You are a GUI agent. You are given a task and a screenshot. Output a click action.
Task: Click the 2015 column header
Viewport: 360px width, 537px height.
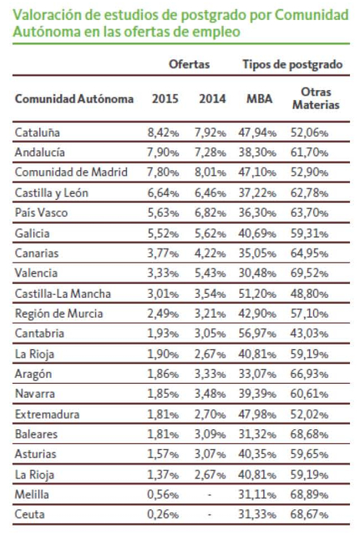pyautogui.click(x=165, y=98)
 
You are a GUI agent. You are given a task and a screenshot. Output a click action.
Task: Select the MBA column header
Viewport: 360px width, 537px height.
pyautogui.click(x=259, y=98)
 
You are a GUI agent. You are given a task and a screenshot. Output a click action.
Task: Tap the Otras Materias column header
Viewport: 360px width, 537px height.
pyautogui.click(x=316, y=98)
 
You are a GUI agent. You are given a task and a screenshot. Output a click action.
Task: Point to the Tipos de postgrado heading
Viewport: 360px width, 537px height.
pyautogui.click(x=292, y=65)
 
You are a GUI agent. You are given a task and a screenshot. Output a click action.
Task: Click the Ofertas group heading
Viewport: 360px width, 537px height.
pyautogui.click(x=189, y=64)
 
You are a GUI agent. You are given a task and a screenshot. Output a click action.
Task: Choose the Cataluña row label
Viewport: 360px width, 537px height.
pyautogui.click(x=38, y=132)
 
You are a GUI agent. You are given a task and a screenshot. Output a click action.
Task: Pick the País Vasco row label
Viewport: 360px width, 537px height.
pyautogui.click(x=41, y=212)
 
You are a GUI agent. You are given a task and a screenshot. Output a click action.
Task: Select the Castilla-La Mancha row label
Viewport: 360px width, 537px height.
pyautogui.click(x=62, y=293)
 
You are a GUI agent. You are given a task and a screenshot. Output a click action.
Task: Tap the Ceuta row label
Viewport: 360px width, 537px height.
pyautogui.click(x=29, y=514)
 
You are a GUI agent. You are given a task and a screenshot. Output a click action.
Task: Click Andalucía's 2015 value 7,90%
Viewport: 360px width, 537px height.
pyautogui.click(x=163, y=152)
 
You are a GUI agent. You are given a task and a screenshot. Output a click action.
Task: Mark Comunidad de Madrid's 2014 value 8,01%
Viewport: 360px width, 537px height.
pyautogui.click(x=210, y=172)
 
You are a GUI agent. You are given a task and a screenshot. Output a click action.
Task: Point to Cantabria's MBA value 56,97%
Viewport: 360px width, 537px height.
pyautogui.click(x=257, y=333)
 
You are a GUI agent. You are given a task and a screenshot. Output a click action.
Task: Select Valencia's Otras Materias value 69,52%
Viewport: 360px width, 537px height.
pyautogui.click(x=309, y=273)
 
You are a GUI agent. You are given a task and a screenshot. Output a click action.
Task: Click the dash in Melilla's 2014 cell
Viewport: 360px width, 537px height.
pyautogui.click(x=210, y=495)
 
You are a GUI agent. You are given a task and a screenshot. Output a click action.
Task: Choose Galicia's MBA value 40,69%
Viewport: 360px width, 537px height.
pyautogui.click(x=257, y=233)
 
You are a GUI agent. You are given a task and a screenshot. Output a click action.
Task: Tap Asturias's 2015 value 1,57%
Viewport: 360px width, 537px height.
pyautogui.click(x=163, y=454)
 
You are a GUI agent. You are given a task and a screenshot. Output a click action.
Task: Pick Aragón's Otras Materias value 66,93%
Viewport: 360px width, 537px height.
pyautogui.click(x=309, y=374)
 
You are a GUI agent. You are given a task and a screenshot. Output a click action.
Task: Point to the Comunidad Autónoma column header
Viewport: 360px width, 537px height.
pyautogui.click(x=75, y=98)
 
